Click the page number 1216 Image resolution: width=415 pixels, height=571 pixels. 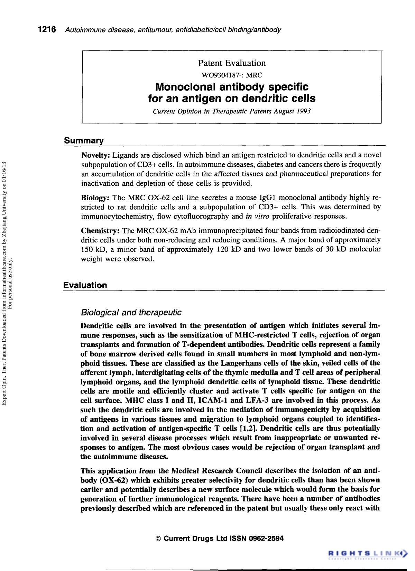47,30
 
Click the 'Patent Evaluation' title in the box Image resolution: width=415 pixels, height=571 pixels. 232,63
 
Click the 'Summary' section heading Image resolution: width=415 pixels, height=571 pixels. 84,141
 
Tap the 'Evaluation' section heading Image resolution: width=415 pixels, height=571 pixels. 85,285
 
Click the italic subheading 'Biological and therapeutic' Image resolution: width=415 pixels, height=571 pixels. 131,313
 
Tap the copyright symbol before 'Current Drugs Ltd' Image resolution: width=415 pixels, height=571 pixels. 158,539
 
